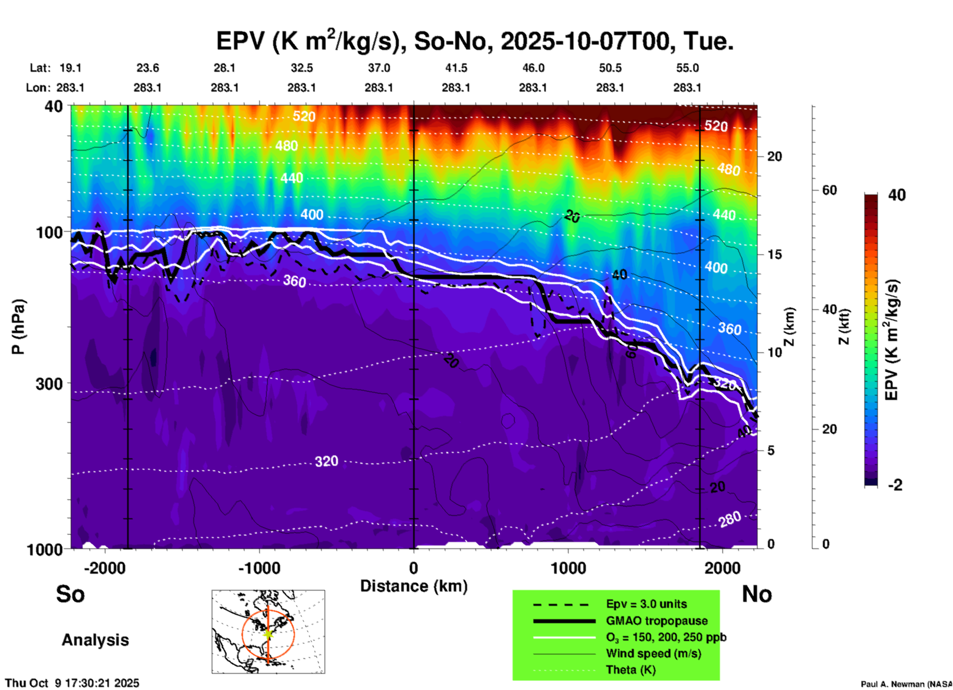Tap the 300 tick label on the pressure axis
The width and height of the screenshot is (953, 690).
click(49, 384)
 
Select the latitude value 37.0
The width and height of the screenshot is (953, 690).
click(379, 68)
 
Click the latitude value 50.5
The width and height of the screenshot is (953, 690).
click(610, 68)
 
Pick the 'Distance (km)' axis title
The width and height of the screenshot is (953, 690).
click(414, 586)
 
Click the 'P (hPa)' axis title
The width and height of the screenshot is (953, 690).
click(18, 327)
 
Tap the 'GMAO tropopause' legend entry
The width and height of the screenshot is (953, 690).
click(657, 621)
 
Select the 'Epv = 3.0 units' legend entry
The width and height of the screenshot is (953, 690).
click(646, 604)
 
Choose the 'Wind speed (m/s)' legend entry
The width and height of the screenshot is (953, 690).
click(653, 653)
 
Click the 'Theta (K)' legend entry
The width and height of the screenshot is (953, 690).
click(630, 670)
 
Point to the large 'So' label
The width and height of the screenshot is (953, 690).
click(70, 594)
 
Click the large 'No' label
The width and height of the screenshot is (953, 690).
click(757, 594)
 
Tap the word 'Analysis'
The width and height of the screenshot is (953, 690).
click(95, 640)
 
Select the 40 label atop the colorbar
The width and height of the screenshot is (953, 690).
click(897, 195)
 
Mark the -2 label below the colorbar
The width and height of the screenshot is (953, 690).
click(895, 485)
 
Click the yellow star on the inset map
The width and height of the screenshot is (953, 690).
click(268, 633)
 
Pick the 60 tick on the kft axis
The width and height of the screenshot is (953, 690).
click(829, 190)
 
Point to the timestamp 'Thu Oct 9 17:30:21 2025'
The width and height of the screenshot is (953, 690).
click(72, 683)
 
